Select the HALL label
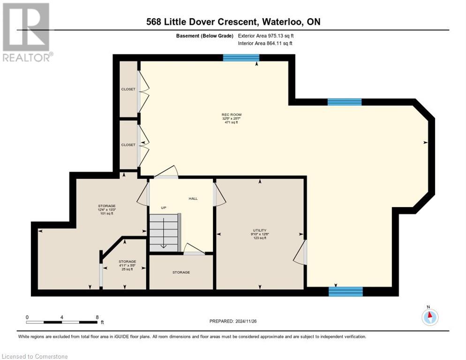193,198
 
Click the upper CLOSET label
128,89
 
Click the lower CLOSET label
128,145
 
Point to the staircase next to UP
164,232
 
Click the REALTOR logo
27,32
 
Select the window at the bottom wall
346,292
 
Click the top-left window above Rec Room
241,58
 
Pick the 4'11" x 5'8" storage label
127,265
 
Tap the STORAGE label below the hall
181,272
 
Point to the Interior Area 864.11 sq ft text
265,44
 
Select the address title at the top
233,22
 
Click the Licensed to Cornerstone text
35,356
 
